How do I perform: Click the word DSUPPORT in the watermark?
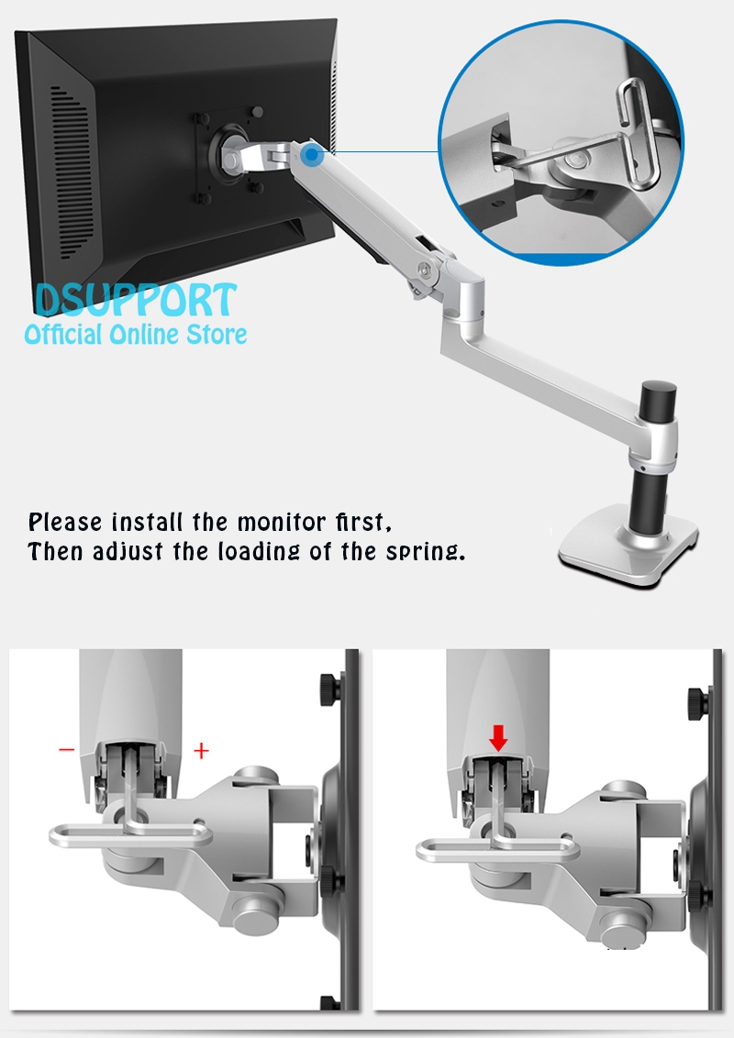136,301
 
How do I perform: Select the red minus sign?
67,750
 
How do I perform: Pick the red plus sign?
201,751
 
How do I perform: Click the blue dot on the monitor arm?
312,159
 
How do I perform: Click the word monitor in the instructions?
277,524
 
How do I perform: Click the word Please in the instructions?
65,524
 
